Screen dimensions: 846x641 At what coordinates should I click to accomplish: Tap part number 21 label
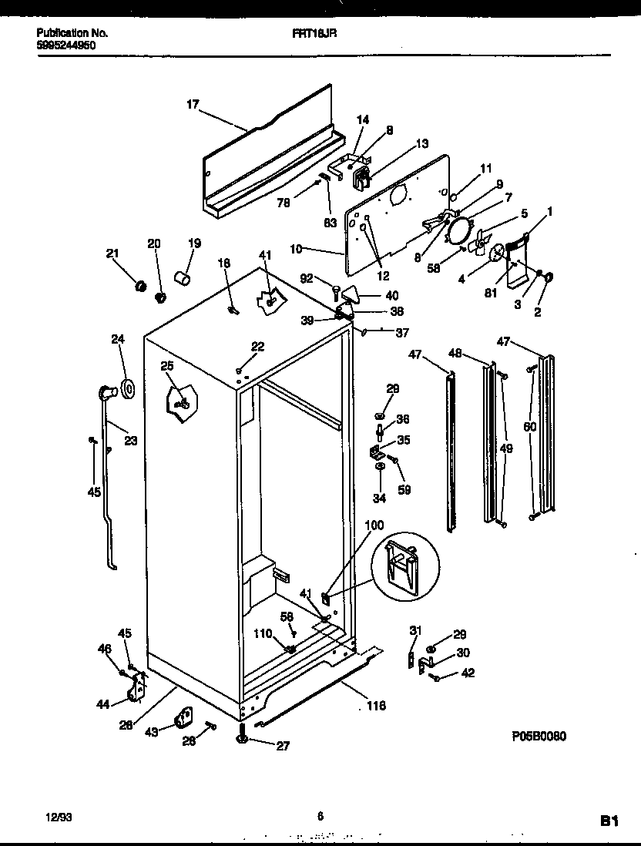click(x=113, y=254)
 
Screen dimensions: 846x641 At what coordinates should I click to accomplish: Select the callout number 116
click(x=375, y=706)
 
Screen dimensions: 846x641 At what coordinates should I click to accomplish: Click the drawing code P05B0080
click(x=539, y=737)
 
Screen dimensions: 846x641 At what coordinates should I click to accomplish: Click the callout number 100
click(x=374, y=525)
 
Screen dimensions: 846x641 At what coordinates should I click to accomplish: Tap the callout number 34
click(x=378, y=498)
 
